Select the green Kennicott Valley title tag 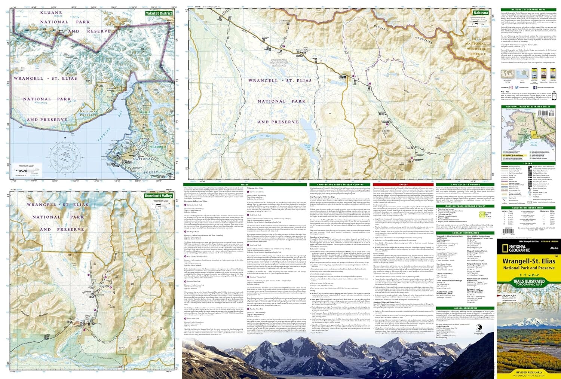(159, 196)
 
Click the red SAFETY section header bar (404, 184)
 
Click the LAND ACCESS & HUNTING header (465, 184)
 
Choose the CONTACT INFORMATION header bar (465, 233)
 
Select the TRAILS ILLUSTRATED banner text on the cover (528, 281)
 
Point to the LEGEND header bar (527, 163)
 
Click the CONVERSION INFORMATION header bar (527, 208)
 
